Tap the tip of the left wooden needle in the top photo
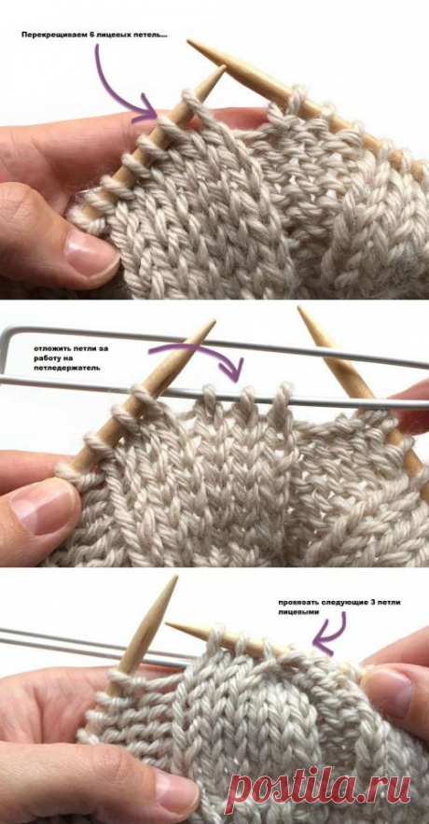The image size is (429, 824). click(x=224, y=67)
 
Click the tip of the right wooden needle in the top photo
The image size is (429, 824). click(x=189, y=41)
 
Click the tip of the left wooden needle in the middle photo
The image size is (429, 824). click(x=214, y=320)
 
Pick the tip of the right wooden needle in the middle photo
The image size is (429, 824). click(x=300, y=309)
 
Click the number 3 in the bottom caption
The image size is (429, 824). click(x=368, y=602)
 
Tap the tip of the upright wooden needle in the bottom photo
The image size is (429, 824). click(x=175, y=578)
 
